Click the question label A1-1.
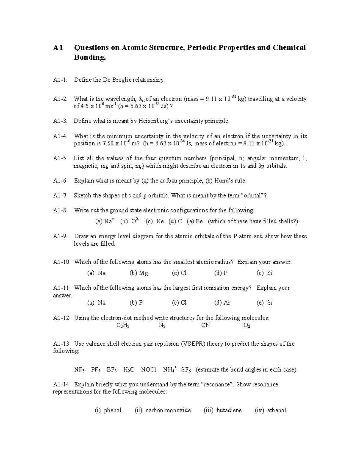[60, 80]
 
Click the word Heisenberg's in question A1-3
[152, 121]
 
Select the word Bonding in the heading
[90, 57]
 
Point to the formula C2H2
[123, 326]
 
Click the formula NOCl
[148, 370]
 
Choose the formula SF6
[186, 370]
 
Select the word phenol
[112, 410]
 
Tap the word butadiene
[229, 410]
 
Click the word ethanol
[276, 410]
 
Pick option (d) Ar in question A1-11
[222, 303]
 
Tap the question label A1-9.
[60, 236]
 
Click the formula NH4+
[169, 369]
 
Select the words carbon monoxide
[168, 410]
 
